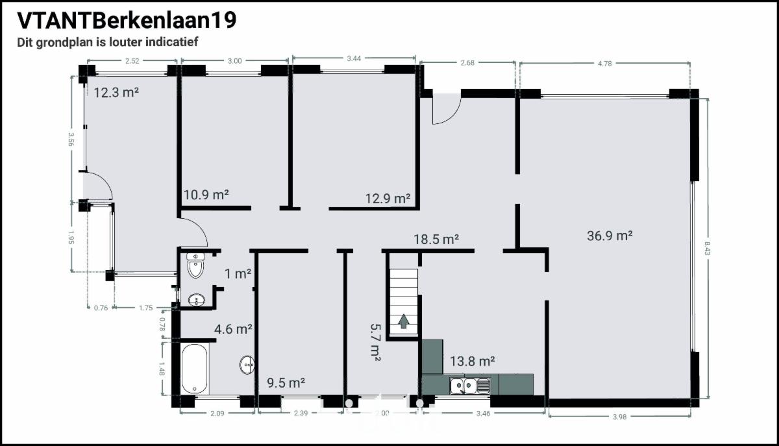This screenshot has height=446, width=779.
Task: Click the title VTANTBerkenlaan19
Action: click(127, 20)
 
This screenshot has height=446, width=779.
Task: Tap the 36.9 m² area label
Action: click(610, 236)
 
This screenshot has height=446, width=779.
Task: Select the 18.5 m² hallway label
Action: click(436, 240)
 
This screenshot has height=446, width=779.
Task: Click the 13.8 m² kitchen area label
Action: click(473, 361)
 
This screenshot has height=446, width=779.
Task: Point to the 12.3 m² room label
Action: click(116, 93)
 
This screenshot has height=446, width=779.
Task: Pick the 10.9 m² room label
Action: click(206, 195)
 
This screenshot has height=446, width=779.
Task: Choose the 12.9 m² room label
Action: click(388, 199)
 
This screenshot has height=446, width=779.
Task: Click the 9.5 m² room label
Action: click(286, 383)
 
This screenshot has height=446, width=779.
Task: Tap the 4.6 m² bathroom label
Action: click(233, 329)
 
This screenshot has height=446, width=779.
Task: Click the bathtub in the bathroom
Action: click(194, 369)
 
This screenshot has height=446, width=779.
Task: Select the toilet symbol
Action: click(195, 265)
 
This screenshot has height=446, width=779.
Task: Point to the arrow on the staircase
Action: click(403, 321)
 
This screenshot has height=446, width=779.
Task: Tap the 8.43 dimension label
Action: click(707, 248)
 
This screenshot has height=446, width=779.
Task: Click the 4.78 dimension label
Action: click(605, 64)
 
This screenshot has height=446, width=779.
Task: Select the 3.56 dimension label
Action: click(71, 139)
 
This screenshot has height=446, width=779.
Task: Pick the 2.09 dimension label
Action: click(217, 414)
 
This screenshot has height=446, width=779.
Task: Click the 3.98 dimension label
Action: click(620, 417)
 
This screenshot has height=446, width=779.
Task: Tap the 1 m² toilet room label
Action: click(238, 274)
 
